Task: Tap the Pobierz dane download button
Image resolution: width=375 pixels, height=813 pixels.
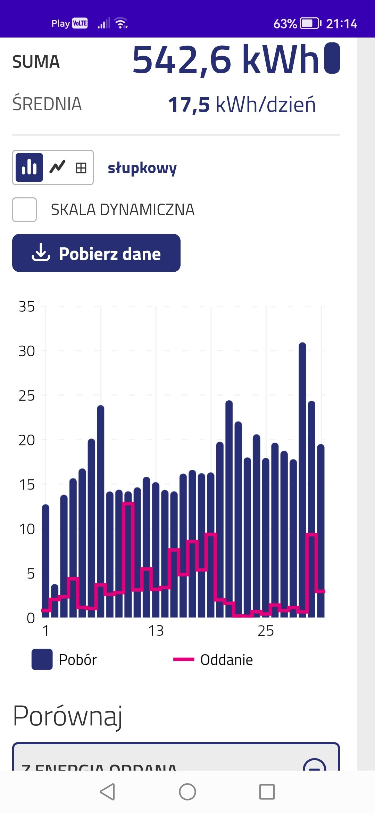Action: pos(96,253)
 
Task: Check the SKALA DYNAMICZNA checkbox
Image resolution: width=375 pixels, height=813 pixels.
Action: pos(24,210)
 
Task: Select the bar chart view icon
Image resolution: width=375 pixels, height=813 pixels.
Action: pos(29,167)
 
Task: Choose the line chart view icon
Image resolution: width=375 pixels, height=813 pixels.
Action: pos(57,167)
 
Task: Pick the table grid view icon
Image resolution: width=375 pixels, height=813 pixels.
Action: pos(81,168)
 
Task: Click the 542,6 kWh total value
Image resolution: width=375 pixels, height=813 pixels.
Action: pos(226,60)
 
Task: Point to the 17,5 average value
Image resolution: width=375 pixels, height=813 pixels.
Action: pos(189,105)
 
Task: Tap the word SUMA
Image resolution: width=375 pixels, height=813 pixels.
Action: pos(36,62)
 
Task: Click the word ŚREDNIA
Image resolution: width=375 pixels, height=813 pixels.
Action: pos(47,104)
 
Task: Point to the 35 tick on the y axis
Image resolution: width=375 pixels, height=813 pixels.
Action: pos(27,307)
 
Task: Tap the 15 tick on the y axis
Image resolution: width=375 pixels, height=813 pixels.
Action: pos(27,485)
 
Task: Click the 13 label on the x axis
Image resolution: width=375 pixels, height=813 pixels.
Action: pos(156,631)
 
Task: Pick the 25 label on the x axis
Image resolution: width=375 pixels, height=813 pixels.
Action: pos(266,631)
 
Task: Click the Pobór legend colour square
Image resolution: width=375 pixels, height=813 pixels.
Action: pos(42,659)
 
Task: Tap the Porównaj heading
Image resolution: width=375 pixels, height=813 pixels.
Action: pos(68,716)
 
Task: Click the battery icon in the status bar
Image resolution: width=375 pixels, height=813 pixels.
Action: pos(310,24)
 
